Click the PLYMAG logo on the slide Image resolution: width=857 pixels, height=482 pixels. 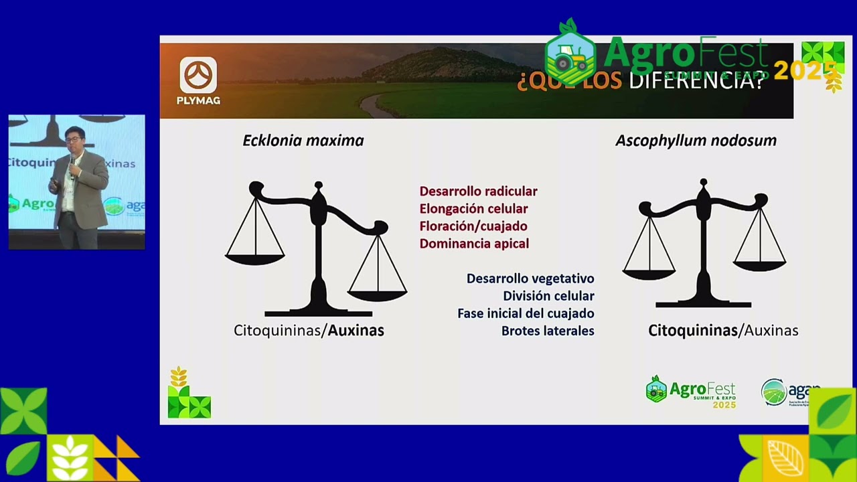[x=198, y=80]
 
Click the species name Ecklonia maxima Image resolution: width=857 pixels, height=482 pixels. [x=303, y=141]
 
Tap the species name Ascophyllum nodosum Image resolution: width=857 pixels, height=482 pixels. [x=696, y=141]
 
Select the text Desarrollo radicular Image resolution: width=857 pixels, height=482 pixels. [x=478, y=191]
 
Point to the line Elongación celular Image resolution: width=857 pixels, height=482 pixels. [x=473, y=209]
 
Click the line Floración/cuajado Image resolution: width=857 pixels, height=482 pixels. [x=473, y=226]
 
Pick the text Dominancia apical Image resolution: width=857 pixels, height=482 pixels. [x=474, y=244]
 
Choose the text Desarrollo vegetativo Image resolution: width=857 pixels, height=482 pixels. [x=530, y=278]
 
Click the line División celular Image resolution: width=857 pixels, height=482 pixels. [x=548, y=296]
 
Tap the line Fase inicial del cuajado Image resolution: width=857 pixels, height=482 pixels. [x=526, y=313]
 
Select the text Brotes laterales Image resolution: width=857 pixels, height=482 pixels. [x=548, y=331]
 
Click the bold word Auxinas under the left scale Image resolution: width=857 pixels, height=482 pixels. [x=356, y=330]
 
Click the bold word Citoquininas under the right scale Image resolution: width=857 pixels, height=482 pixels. [x=692, y=330]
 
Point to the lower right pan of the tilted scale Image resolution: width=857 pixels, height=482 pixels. [x=378, y=294]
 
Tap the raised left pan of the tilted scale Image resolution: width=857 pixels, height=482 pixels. [x=255, y=258]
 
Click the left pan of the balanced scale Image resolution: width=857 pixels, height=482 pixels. [x=649, y=272]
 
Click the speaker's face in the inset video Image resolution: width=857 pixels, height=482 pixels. [x=74, y=141]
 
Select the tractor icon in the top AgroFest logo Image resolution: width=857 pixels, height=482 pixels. [x=570, y=58]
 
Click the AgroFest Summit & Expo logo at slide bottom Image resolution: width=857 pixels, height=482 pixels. [x=690, y=392]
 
